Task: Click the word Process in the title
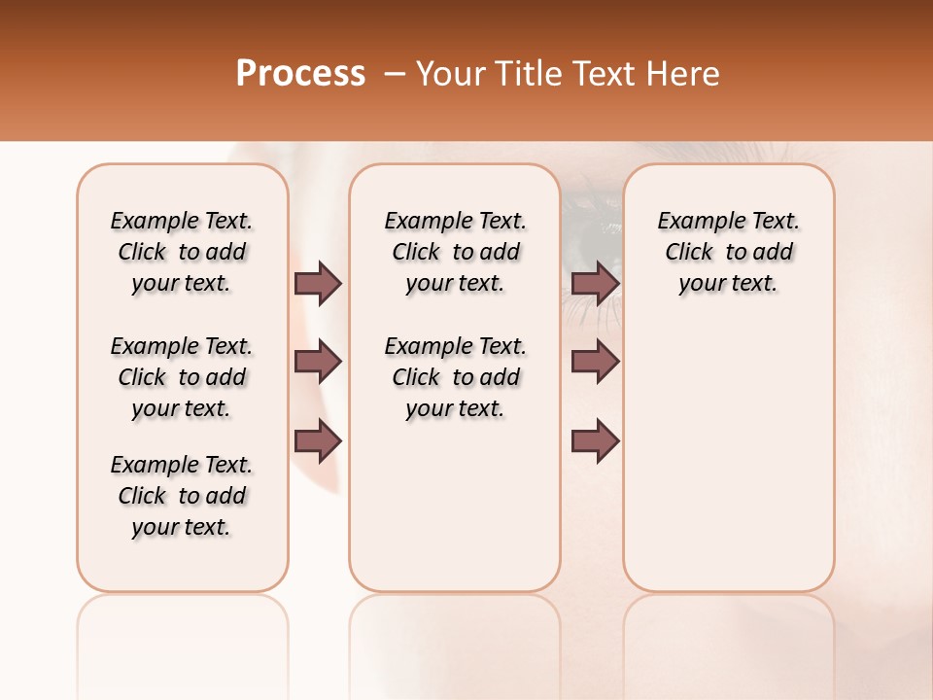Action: [300, 74]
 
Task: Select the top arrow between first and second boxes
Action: [318, 283]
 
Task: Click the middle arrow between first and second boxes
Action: [318, 362]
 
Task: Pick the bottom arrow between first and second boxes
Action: [318, 441]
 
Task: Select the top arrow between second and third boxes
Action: [596, 283]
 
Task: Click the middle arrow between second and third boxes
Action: [596, 362]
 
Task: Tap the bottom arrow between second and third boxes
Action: [596, 441]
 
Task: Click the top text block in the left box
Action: [182, 252]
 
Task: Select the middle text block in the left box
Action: [182, 377]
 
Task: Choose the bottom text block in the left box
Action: [182, 496]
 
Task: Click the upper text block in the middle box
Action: [455, 252]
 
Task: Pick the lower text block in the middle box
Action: [455, 377]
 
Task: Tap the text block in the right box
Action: [729, 252]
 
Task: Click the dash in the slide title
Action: [395, 74]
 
